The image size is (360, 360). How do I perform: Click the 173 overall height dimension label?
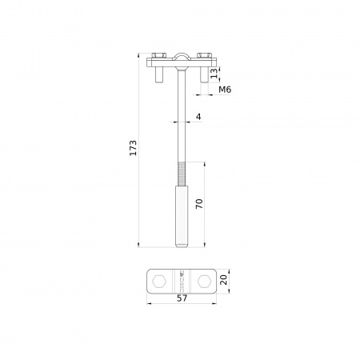point(133,148)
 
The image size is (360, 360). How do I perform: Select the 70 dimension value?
point(199,204)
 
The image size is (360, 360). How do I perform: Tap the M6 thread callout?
point(225,90)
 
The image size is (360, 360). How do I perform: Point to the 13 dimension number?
point(214,73)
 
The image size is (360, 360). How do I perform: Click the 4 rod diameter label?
point(198,117)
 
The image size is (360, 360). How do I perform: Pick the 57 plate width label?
point(182,298)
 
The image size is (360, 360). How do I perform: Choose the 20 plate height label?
point(224,279)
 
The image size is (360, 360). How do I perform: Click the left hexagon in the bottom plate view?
point(159,282)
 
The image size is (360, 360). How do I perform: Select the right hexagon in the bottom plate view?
point(205,282)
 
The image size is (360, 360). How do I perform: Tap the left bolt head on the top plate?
point(159,55)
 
